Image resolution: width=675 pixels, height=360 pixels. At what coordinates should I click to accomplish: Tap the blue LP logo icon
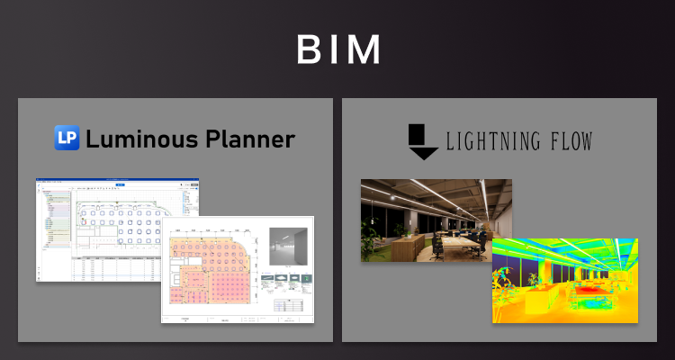click(x=67, y=139)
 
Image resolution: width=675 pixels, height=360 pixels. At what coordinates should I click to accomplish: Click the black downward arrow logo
click(x=422, y=141)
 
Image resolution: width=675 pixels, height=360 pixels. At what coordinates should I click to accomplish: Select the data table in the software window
click(x=117, y=266)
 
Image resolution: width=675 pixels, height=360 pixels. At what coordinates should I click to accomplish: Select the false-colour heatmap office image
click(x=564, y=280)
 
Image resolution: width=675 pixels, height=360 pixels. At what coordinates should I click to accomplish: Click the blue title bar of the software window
click(x=117, y=182)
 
